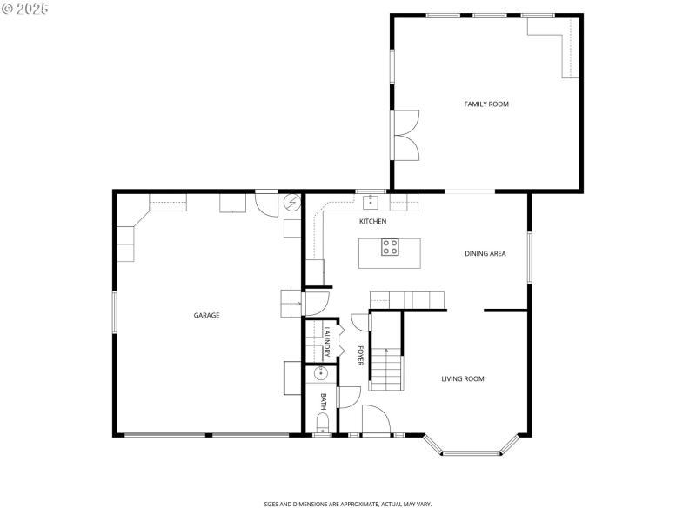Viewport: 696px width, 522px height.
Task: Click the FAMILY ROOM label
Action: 485,104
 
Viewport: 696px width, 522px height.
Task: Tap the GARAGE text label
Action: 206,315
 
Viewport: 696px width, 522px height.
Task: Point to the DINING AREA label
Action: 485,254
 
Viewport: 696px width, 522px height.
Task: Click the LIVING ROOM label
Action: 462,378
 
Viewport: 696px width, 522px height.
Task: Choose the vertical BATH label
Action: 323,401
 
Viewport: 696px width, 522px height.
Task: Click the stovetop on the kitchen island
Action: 390,247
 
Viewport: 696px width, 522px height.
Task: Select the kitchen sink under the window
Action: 371,203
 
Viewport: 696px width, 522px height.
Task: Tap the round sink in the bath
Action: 321,373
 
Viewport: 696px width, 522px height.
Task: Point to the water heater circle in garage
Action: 292,203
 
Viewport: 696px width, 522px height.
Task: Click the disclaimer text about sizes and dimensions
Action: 348,504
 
